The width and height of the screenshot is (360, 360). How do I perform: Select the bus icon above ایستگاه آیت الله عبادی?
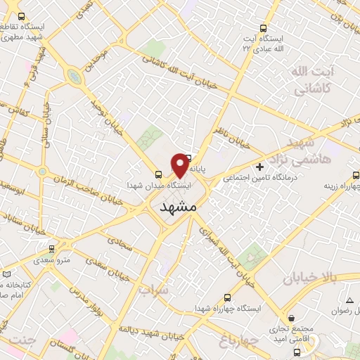tap(264, 28)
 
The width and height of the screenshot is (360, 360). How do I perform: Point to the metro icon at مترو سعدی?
tap(51, 248)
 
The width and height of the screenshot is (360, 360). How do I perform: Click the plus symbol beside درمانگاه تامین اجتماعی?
tap(261, 167)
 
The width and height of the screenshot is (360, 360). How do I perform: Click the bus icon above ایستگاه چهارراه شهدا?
tap(227, 297)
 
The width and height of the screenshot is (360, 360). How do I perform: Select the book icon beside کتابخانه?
tap(7, 273)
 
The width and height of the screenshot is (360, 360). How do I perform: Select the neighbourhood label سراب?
tap(153, 290)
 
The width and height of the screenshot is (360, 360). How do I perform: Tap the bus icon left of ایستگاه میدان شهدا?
tap(158, 176)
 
